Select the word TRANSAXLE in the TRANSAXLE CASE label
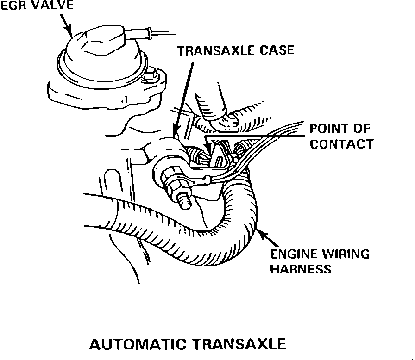tap(214, 50)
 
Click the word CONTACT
tap(341, 144)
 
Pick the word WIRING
tap(346, 254)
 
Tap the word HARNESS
tap(301, 269)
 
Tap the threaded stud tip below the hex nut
tap(184, 200)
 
